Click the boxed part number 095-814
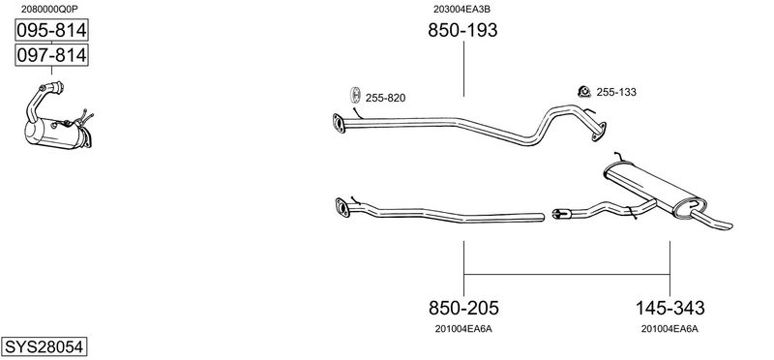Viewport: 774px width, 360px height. point(51,31)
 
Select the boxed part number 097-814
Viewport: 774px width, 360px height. point(51,55)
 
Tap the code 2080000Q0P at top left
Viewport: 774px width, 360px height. point(49,9)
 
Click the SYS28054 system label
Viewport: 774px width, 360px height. point(44,346)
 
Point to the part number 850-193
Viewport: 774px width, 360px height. point(462,31)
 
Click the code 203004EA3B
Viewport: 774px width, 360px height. point(461,9)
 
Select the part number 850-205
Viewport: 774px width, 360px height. point(463,308)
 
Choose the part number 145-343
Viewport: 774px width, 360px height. point(670,308)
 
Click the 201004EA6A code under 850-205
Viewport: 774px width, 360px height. point(463,329)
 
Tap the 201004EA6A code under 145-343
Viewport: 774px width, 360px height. point(670,329)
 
